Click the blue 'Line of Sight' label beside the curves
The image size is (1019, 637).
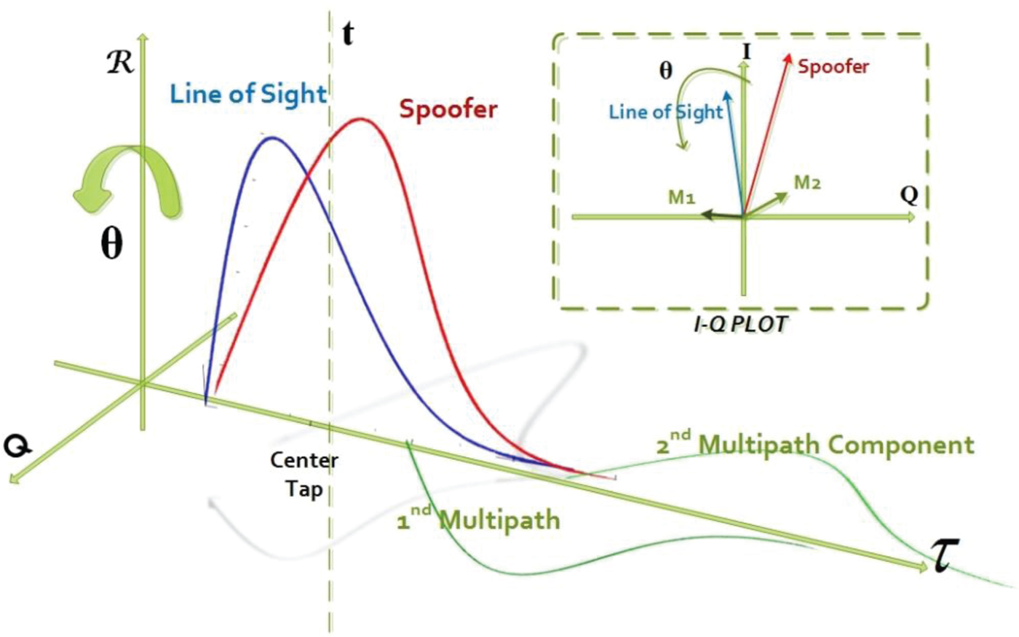(x=248, y=95)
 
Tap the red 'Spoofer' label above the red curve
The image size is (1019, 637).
(x=448, y=109)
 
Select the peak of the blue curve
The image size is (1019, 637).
(x=271, y=138)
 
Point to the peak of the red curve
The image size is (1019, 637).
(x=360, y=119)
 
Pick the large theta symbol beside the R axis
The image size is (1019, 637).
(x=111, y=245)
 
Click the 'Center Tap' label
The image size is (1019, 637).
(x=304, y=474)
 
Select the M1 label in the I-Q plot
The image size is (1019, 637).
(x=681, y=197)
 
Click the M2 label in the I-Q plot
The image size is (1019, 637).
(x=806, y=183)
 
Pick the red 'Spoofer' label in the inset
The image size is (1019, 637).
(x=833, y=67)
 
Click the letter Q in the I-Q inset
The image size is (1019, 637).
(x=908, y=195)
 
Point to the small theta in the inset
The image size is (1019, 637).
(x=665, y=71)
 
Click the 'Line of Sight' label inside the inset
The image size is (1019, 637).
(x=665, y=112)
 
